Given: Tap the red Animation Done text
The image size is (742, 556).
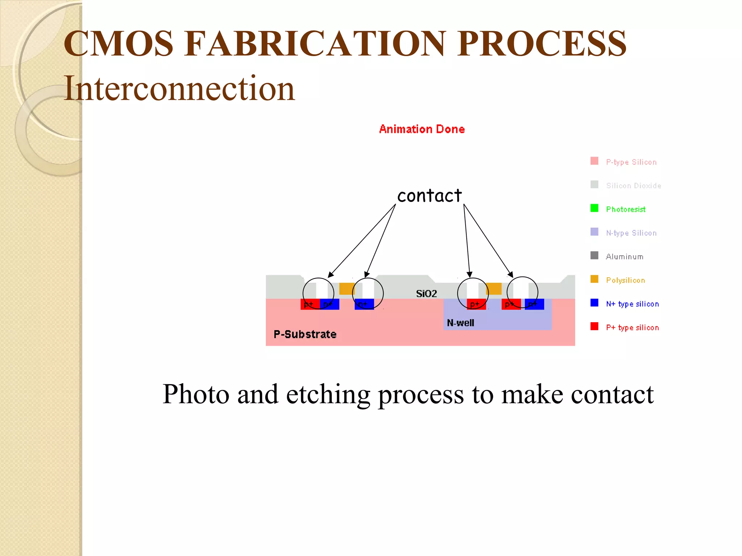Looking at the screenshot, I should click(x=422, y=129).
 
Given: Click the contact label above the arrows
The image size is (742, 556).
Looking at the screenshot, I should click(x=429, y=196).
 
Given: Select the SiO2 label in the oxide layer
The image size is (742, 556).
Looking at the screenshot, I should click(x=426, y=294).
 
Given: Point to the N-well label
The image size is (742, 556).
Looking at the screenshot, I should click(x=460, y=323).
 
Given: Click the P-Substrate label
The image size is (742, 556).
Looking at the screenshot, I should click(x=305, y=334).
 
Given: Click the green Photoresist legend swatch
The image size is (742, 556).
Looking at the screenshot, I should click(x=594, y=208).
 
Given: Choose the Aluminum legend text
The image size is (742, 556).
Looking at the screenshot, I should click(x=625, y=257).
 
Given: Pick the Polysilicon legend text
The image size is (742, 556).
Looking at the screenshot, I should click(x=626, y=280).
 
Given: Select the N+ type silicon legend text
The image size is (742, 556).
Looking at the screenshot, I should click(x=633, y=304).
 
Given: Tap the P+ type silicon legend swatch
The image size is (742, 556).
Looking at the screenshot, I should click(x=594, y=326).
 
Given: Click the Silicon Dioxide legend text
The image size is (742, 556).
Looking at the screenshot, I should click(x=634, y=186).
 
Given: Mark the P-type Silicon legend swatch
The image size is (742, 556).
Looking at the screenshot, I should click(x=594, y=161).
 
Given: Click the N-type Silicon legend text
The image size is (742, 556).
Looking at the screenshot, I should click(x=631, y=233).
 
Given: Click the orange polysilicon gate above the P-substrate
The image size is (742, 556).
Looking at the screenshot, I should click(x=346, y=288).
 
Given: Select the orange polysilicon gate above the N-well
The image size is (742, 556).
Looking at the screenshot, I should click(x=494, y=288).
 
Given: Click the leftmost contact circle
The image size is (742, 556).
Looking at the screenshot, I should click(x=318, y=293).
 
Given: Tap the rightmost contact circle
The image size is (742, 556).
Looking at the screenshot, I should click(x=522, y=292).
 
